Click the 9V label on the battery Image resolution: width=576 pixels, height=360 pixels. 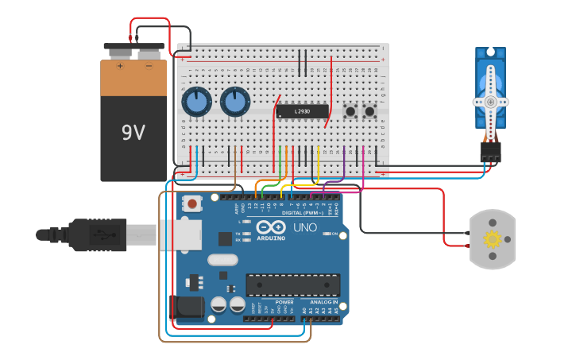point(133,132)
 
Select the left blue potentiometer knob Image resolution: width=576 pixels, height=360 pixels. point(196,102)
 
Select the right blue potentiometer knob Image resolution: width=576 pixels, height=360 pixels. point(234,102)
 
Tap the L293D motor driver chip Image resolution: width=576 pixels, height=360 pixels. point(302,111)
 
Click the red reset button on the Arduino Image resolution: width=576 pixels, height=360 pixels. point(191,203)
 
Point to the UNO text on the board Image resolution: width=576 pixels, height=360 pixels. point(304,228)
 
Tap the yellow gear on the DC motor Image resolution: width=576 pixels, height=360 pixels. point(493,239)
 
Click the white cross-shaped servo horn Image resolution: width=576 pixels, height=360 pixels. point(490,101)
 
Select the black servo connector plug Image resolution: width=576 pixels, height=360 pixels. point(490,151)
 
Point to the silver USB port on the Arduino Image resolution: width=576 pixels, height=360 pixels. point(180,234)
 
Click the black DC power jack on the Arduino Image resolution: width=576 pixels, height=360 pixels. point(187,308)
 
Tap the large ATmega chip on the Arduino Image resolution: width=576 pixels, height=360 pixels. point(293,285)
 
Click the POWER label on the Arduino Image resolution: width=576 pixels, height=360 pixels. point(284,303)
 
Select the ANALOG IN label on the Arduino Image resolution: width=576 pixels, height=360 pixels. point(324,303)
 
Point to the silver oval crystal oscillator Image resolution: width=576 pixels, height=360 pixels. point(222,260)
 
